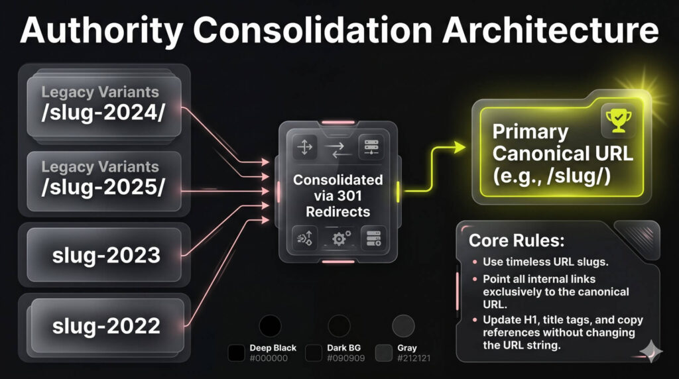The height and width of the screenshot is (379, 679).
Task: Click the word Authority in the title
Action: pos(101,30)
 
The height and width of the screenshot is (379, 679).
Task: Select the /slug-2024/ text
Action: pos(103,113)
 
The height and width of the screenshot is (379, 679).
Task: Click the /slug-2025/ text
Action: pos(103,188)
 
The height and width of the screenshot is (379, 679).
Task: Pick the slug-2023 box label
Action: pos(106,255)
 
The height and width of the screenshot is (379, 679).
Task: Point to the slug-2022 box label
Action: pos(106,325)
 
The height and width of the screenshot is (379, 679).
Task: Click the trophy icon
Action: pos(619,121)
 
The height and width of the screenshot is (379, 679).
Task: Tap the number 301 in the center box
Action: pos(349,195)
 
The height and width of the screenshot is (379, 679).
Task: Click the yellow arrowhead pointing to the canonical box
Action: pos(459,147)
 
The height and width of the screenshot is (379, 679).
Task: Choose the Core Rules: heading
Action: pos(517,241)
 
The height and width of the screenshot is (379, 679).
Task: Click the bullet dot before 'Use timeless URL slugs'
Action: pos(475,262)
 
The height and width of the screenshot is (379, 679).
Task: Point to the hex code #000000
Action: pos(269,358)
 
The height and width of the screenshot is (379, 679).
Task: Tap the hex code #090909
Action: pos(346,358)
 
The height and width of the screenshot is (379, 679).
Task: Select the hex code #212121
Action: pos(414,358)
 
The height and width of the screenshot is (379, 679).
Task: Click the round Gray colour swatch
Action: pos(403,326)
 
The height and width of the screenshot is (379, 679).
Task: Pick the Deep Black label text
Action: pos(273,348)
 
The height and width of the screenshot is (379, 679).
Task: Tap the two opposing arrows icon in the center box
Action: pos(339,150)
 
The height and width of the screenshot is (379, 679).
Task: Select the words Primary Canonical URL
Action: pos(562,142)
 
